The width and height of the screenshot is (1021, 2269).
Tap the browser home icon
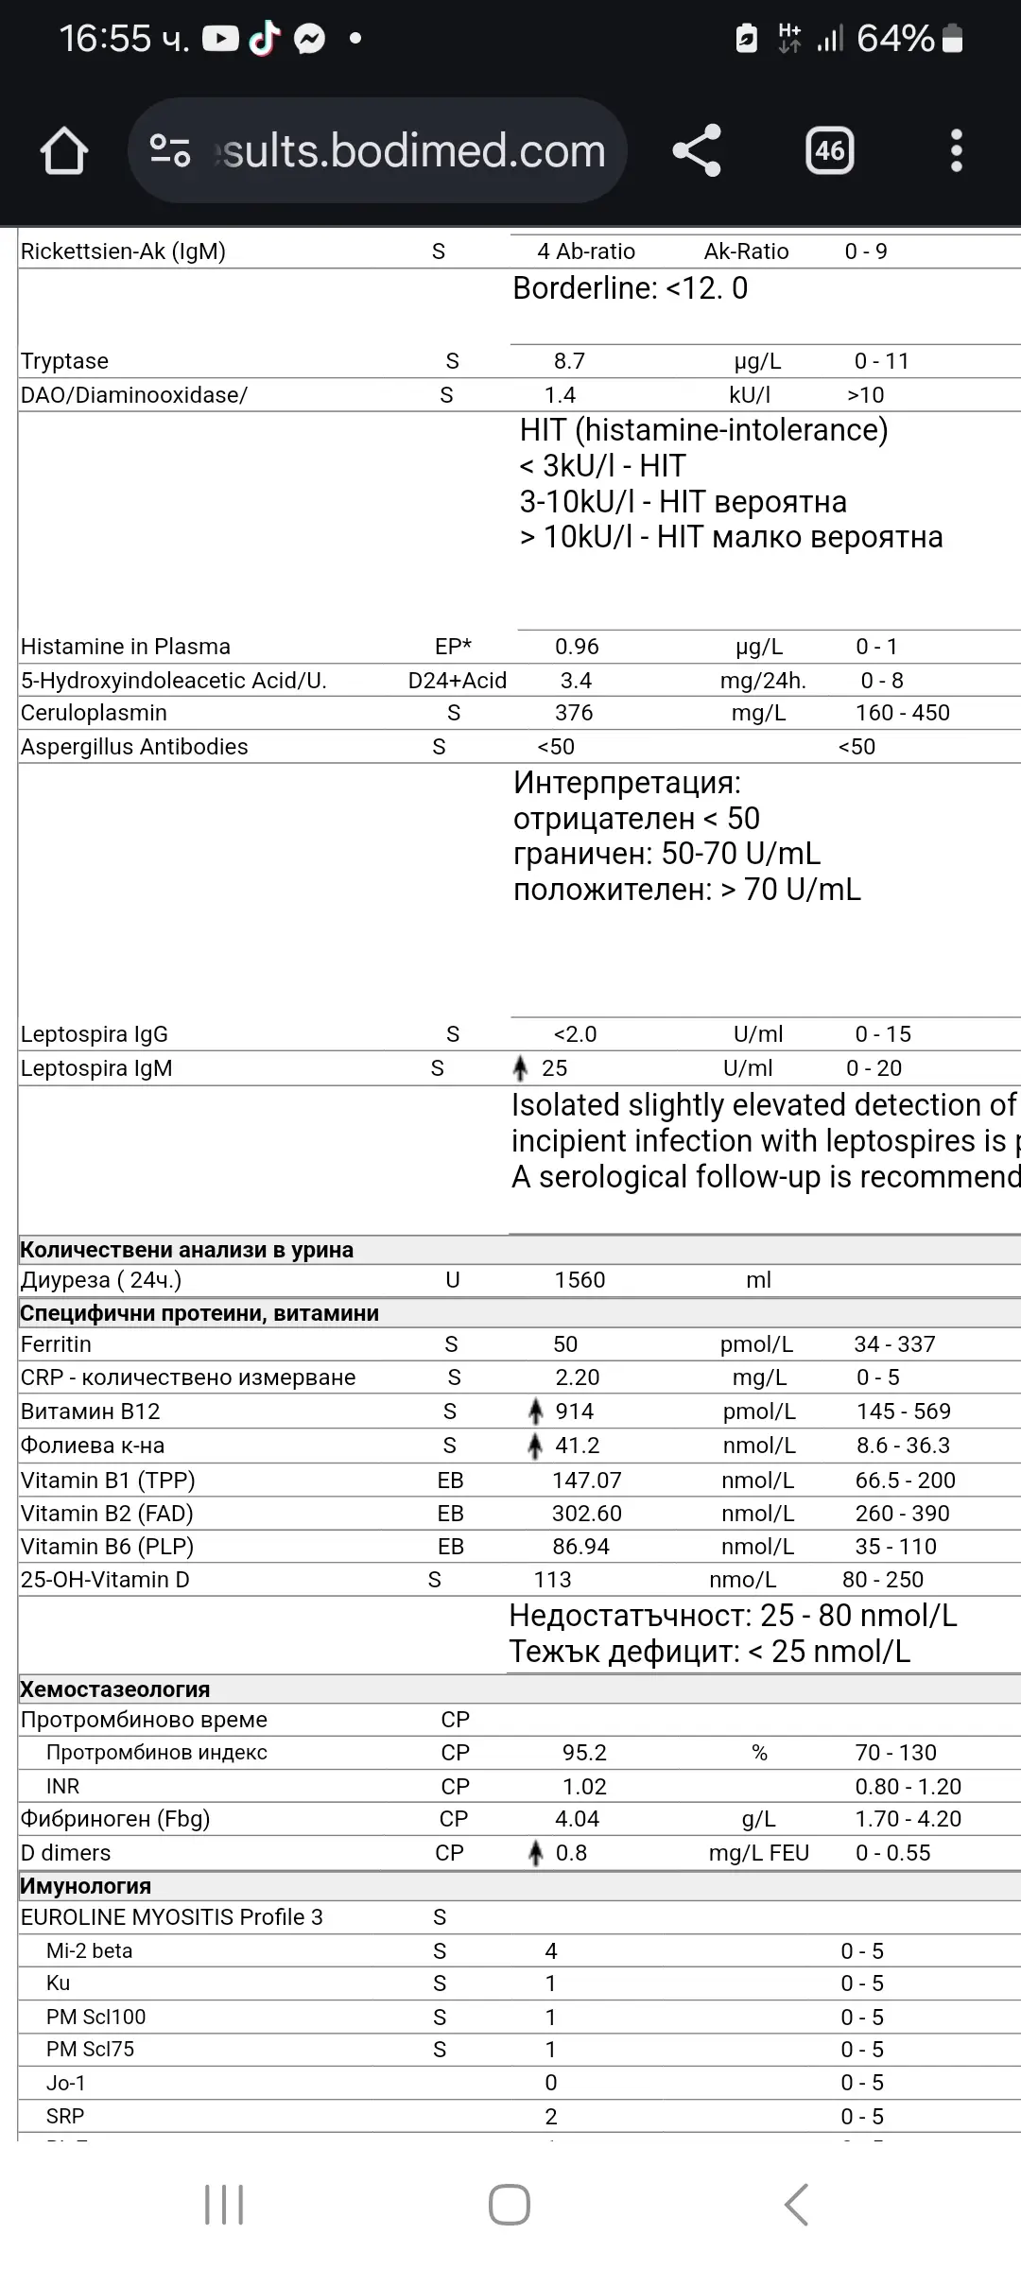(64, 151)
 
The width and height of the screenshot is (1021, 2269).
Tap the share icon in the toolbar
(697, 151)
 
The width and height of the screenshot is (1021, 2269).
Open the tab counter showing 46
(829, 151)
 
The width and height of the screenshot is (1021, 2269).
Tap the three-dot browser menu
(956, 151)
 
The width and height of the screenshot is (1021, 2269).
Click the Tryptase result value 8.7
(569, 361)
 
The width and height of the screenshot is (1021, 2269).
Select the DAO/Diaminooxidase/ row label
(134, 395)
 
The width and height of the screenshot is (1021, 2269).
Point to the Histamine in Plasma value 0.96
(577, 647)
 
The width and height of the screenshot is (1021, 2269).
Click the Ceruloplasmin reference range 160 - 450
(902, 713)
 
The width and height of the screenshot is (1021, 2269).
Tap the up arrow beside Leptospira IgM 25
(520, 1068)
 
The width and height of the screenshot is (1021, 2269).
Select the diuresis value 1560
(580, 1280)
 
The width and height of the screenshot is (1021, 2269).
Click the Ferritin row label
(56, 1344)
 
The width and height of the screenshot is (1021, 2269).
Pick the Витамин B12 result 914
(574, 1412)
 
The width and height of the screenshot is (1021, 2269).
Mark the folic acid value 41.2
(577, 1446)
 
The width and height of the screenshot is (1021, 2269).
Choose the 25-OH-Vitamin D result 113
(552, 1580)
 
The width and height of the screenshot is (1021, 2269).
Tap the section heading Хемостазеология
(115, 1689)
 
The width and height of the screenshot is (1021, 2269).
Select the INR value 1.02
(584, 1787)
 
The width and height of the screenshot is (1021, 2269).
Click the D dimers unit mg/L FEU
(759, 1853)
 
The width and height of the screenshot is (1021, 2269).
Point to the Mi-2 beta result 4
(551, 1951)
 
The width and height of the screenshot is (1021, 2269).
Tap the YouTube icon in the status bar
(220, 39)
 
